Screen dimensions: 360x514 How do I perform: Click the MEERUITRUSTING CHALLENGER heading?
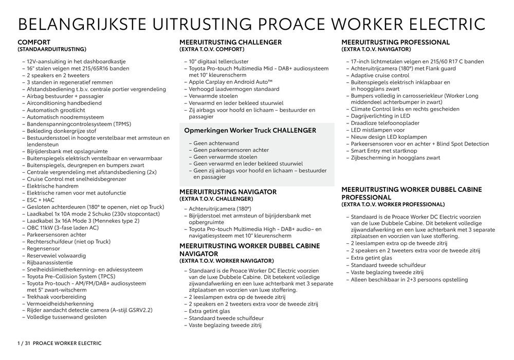click(230, 42)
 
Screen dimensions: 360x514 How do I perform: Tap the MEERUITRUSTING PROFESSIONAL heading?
click(395, 42)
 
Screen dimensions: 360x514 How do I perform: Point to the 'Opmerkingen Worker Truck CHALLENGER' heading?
click(250, 131)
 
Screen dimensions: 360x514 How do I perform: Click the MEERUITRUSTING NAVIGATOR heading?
click(228, 192)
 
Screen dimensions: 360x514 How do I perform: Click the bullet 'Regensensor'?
click(45, 248)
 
